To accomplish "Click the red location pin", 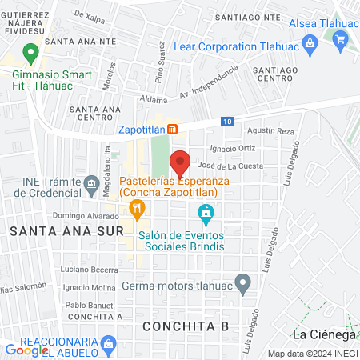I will tap(180, 162).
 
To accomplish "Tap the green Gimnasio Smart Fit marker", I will tap(31, 54).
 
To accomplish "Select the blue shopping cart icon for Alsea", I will tap(341, 39).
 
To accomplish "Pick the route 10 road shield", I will tap(229, 121).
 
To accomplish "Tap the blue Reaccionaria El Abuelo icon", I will tap(110, 343).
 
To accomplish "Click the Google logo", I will tap(27, 350).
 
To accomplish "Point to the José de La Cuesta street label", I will tap(230, 166).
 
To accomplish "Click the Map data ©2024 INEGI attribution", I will tap(312, 354).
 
